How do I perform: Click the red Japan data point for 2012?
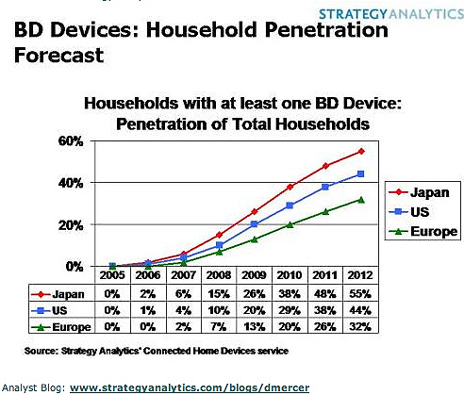tap(360, 152)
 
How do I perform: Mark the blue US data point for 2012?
tap(360, 174)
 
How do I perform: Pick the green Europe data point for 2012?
tap(360, 199)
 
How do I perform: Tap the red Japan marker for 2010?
tap(289, 187)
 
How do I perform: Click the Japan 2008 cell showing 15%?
tap(217, 294)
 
